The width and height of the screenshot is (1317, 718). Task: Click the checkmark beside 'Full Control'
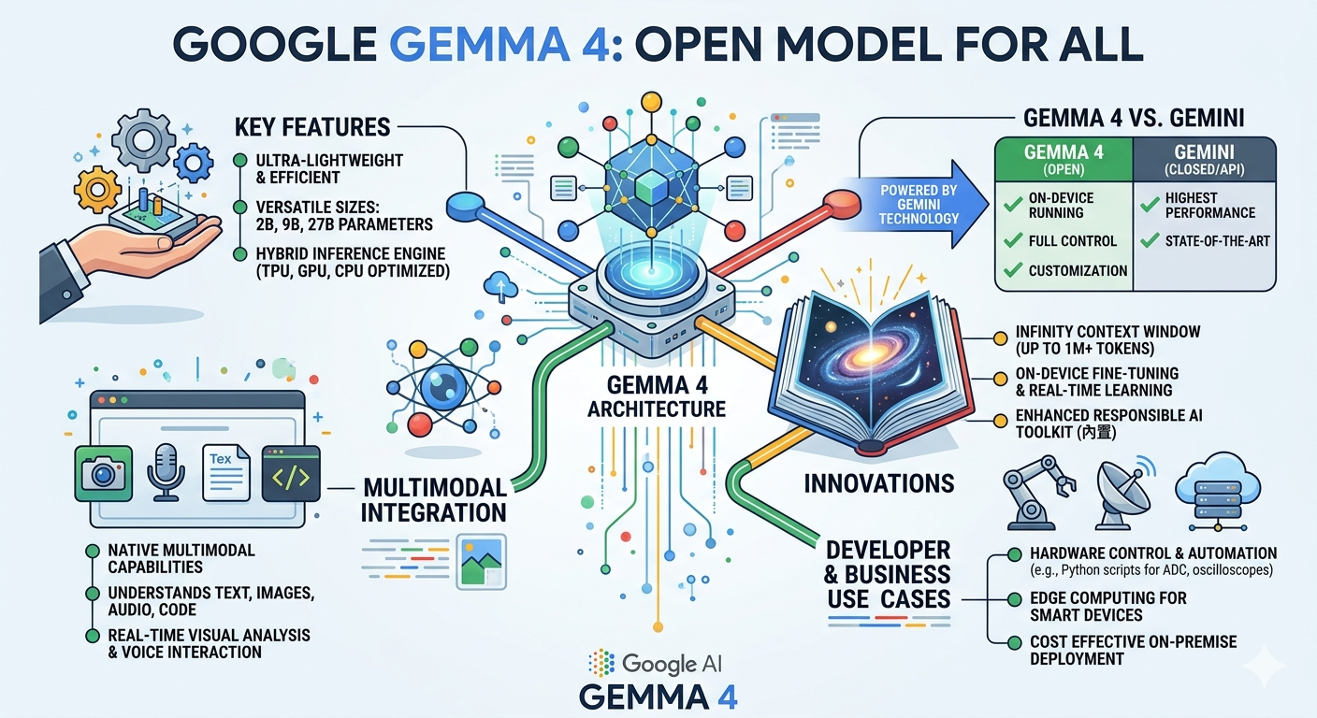1012,240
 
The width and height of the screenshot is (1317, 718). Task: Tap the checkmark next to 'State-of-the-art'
1150,240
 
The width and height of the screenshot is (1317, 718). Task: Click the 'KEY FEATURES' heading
311,126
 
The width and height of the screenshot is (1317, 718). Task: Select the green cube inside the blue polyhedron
649,186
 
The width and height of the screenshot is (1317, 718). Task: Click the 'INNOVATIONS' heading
879,483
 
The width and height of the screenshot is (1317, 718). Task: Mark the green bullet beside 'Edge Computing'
1014,598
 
